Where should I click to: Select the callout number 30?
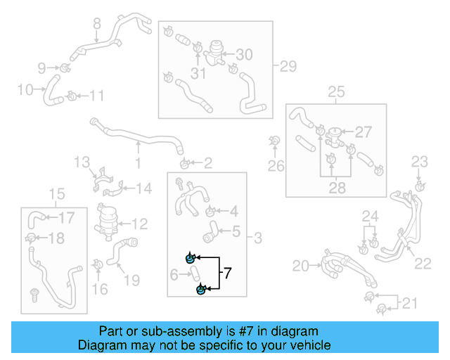(243, 54)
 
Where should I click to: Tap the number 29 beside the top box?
(288, 67)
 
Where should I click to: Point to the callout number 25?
(336, 91)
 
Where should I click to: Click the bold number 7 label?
(227, 271)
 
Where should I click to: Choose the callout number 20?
(301, 265)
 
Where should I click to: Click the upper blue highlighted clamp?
(190, 259)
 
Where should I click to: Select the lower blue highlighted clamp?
(201, 289)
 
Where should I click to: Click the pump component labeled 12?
(107, 219)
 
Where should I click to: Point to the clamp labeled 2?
(184, 165)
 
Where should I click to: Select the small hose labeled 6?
(195, 274)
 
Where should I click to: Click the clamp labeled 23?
(419, 186)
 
